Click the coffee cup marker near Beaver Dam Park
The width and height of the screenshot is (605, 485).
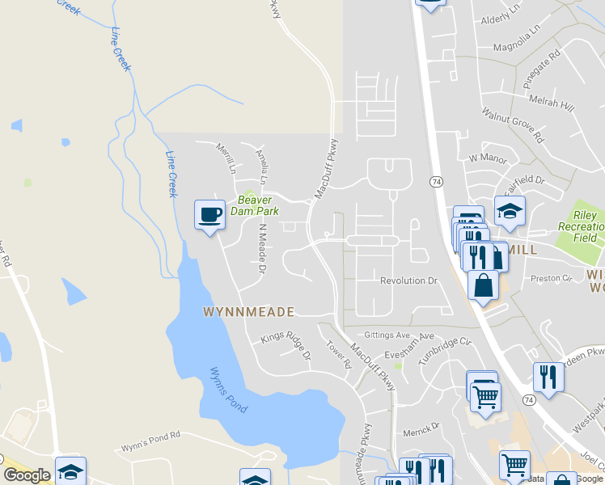click(x=209, y=216)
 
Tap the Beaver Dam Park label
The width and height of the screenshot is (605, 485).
click(x=257, y=205)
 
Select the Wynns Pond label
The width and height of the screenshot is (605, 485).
click(x=227, y=390)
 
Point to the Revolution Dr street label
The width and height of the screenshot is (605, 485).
click(x=408, y=280)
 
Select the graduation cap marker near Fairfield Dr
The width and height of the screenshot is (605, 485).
click(x=510, y=212)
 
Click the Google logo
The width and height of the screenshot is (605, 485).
click(x=27, y=475)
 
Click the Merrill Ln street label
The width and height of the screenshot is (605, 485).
click(x=226, y=158)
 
